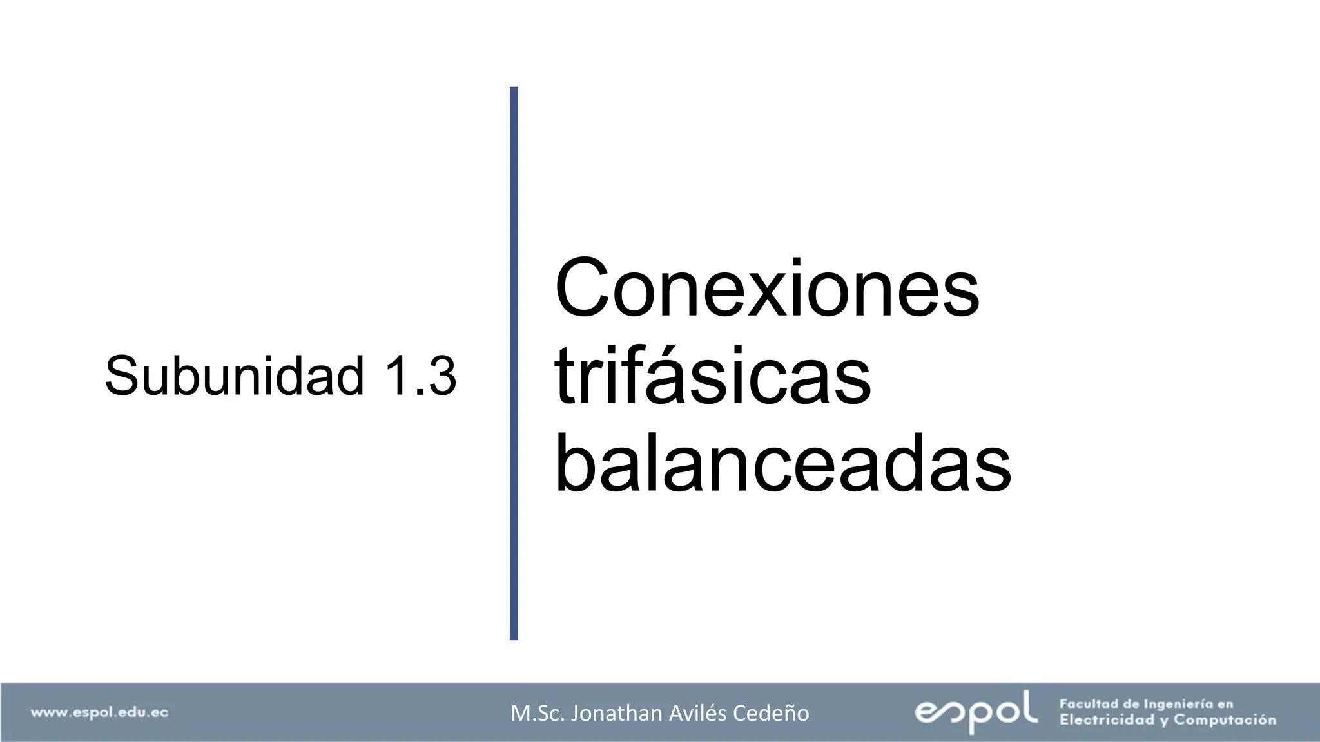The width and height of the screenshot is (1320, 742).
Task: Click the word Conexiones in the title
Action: click(x=766, y=288)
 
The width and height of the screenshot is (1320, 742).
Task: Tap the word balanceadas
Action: click(x=782, y=464)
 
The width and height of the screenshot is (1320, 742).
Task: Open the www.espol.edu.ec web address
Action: click(x=99, y=712)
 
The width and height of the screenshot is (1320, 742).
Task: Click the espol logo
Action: click(x=976, y=711)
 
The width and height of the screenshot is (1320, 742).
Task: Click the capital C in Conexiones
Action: click(x=580, y=288)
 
